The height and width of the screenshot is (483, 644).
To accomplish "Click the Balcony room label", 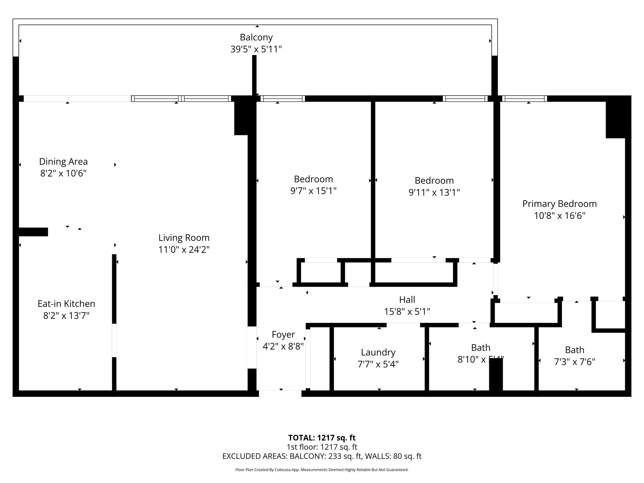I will click(x=256, y=37).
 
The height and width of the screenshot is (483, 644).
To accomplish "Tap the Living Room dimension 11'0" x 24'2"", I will click(x=184, y=250).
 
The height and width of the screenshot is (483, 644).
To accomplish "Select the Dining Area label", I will click(x=63, y=162).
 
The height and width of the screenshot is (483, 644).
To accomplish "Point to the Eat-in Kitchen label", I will click(x=66, y=304).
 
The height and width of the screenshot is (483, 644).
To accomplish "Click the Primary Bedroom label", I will click(x=559, y=204).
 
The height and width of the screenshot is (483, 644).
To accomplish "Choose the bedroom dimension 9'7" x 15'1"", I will click(x=313, y=191).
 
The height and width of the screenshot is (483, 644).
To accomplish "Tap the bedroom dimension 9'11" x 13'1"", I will click(x=434, y=192).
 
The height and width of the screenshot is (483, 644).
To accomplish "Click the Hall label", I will click(x=407, y=300).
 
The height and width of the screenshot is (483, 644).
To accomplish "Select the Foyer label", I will click(x=283, y=335).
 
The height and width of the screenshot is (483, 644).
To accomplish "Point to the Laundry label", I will click(x=378, y=352).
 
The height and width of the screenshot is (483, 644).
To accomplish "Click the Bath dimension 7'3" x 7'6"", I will click(x=575, y=362).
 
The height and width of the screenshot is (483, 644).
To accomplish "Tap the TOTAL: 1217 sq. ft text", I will click(x=322, y=438).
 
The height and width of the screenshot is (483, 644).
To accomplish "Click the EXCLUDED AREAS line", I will click(x=322, y=456).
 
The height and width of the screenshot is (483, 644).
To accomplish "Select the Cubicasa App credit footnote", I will click(x=322, y=470).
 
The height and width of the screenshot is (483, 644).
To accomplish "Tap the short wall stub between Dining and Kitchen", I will click(x=33, y=232).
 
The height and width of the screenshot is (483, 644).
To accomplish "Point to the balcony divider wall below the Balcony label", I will click(x=254, y=75).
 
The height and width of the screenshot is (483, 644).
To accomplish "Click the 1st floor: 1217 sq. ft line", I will click(x=322, y=447).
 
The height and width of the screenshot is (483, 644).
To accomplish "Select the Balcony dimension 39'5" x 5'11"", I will click(x=256, y=49).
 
